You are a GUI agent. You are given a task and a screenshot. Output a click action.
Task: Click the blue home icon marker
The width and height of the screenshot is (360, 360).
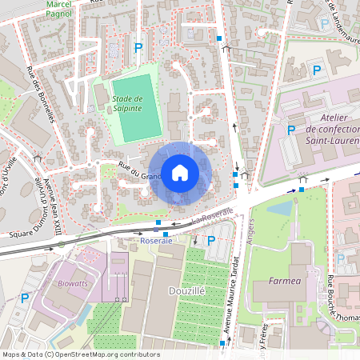179,173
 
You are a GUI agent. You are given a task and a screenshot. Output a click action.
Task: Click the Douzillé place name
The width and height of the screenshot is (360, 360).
187,293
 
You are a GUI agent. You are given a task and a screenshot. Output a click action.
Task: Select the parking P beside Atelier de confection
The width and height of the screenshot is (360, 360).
291,130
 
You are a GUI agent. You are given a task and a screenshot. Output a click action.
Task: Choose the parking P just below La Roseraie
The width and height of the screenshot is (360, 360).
211,240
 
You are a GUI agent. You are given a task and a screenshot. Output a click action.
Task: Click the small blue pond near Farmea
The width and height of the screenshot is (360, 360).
280,209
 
